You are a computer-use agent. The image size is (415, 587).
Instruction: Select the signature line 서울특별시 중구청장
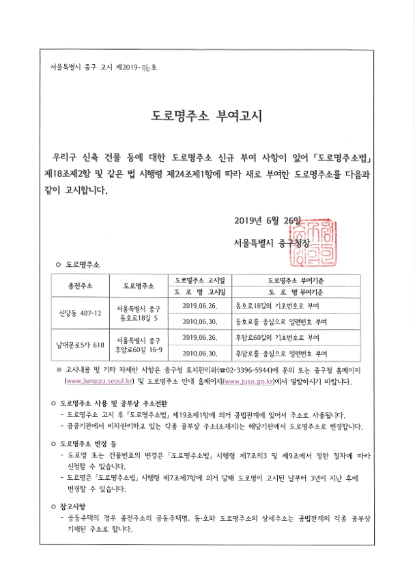[270, 242]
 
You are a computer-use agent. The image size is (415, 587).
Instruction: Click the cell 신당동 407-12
[81, 313]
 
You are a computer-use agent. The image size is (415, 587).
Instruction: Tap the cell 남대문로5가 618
[81, 345]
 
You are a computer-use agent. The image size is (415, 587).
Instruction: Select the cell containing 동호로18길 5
[139, 313]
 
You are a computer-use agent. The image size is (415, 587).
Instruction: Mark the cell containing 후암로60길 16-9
[139, 345]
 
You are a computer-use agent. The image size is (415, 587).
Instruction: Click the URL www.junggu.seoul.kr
[98, 381]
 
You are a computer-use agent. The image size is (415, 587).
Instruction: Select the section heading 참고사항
[81, 506]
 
